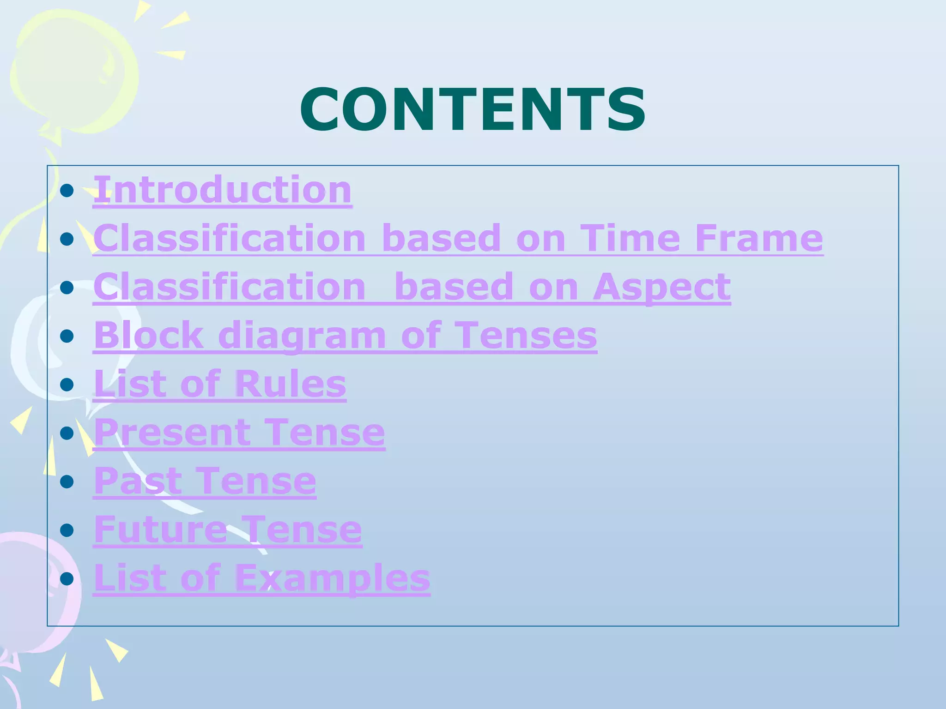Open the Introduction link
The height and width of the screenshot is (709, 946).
click(223, 190)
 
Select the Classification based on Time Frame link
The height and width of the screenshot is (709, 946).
click(458, 238)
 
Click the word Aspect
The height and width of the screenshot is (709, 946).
click(661, 287)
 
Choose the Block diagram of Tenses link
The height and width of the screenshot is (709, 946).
click(345, 335)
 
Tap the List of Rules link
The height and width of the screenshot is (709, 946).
click(220, 384)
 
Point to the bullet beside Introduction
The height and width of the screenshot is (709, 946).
click(67, 190)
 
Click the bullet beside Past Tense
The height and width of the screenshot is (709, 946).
click(67, 481)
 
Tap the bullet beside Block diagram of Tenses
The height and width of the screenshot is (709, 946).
click(67, 336)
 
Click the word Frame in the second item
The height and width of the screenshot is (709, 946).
click(759, 238)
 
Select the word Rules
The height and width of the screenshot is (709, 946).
click(291, 384)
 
